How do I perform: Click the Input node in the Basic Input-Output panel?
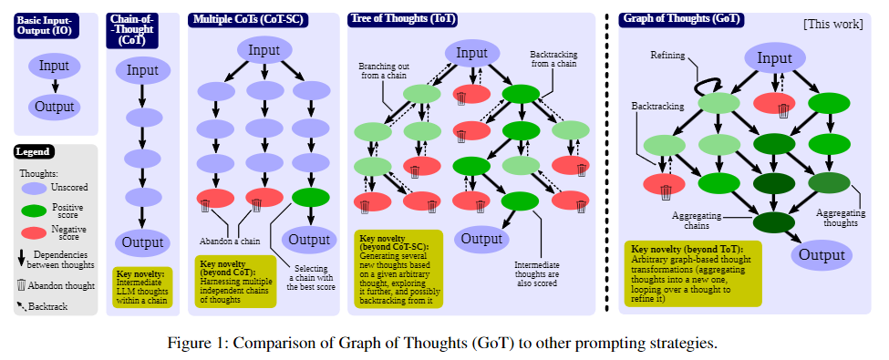(x=54, y=67)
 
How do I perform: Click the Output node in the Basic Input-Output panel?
(x=54, y=106)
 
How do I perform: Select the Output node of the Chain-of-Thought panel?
(x=142, y=242)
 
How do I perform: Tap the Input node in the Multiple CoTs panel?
(x=264, y=51)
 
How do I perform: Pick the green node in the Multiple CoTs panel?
(x=311, y=197)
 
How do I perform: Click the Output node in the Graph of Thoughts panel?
(x=822, y=254)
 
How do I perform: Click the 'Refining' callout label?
(x=667, y=55)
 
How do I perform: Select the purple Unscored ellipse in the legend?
(x=36, y=188)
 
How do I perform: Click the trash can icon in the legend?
(x=22, y=284)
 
